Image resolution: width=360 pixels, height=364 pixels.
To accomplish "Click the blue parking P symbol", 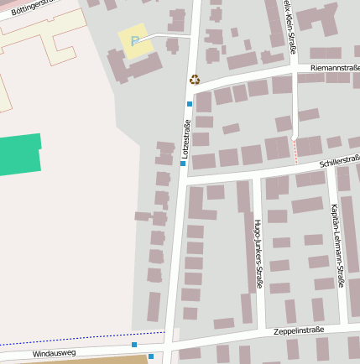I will pyautogui.click(x=133, y=40).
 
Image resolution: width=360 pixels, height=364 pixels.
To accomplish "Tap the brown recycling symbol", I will pyautogui.click(x=195, y=80).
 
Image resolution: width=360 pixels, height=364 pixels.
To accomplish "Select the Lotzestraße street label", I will pyautogui.click(x=185, y=138).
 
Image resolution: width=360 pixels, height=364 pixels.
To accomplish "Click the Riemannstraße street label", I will pyautogui.click(x=334, y=67).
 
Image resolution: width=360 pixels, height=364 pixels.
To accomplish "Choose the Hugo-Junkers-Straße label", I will pyautogui.click(x=258, y=254).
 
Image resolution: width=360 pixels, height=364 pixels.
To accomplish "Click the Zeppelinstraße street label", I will pyautogui.click(x=299, y=332).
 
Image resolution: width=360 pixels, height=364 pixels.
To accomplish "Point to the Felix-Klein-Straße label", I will pyautogui.click(x=290, y=25).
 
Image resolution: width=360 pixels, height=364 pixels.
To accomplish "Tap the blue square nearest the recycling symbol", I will pyautogui.click(x=190, y=104).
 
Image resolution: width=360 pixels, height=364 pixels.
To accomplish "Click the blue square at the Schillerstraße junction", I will pyautogui.click(x=183, y=164).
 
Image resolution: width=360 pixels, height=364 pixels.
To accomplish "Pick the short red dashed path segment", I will pyautogui.click(x=295, y=151).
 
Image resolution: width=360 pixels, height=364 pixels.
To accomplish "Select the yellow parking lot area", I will pyautogui.click(x=138, y=42).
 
